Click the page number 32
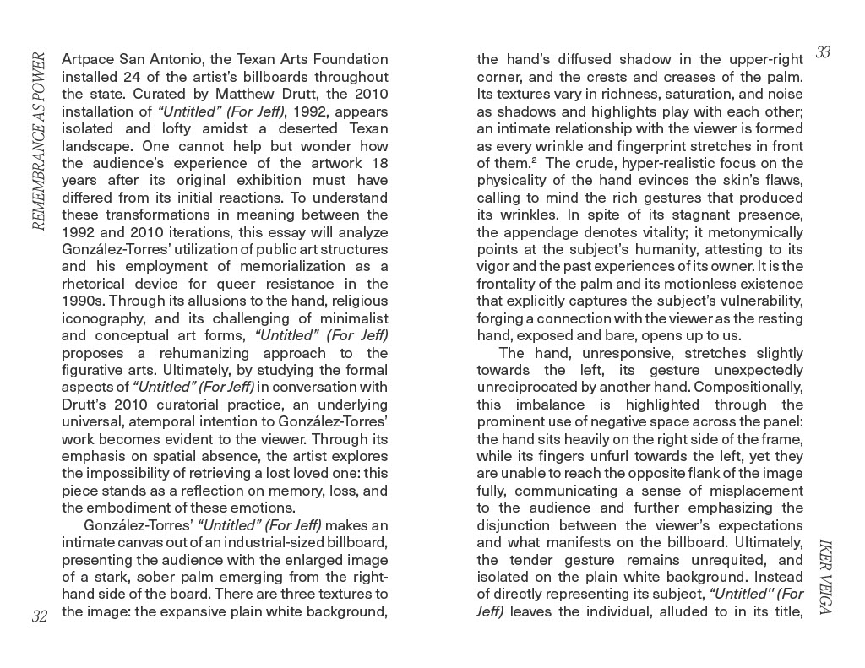39,616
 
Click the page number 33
824,52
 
